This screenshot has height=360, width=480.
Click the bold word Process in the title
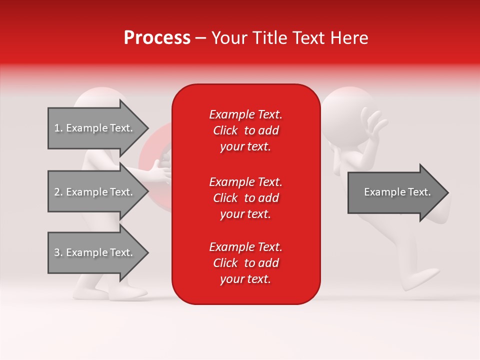157,38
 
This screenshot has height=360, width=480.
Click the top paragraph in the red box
245,130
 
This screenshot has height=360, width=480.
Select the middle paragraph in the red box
245,198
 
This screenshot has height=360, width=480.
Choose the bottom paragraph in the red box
245,263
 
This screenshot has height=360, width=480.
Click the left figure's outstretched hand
160,170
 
